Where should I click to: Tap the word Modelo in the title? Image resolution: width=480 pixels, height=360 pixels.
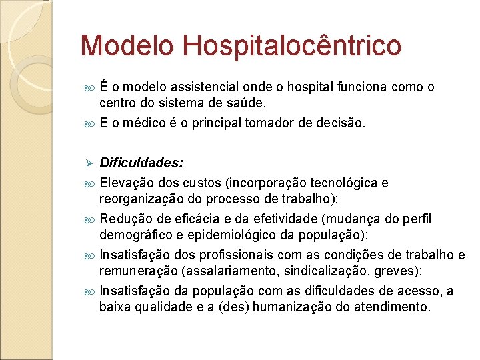point(126,46)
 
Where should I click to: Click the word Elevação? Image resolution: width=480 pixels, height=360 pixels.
point(125,183)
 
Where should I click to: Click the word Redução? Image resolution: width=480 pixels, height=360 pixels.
point(123,219)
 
